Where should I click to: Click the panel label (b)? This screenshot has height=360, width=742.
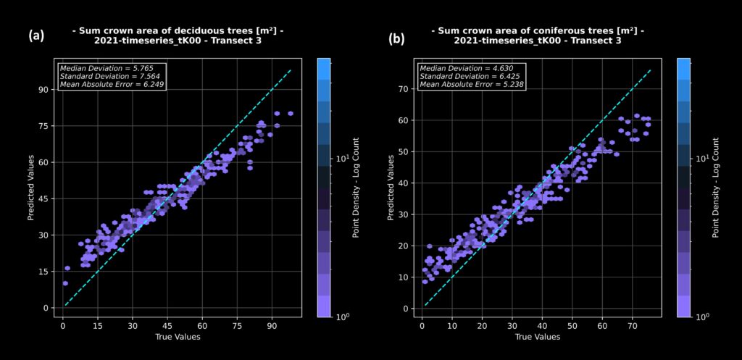coord(396,38)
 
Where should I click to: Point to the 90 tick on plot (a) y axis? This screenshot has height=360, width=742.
coord(43,90)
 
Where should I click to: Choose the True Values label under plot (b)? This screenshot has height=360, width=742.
coord(537,338)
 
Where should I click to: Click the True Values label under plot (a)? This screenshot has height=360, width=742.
coord(178,338)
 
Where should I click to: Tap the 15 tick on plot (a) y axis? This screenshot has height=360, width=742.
coord(43,272)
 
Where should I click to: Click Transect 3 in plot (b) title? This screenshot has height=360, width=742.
coord(592,41)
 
